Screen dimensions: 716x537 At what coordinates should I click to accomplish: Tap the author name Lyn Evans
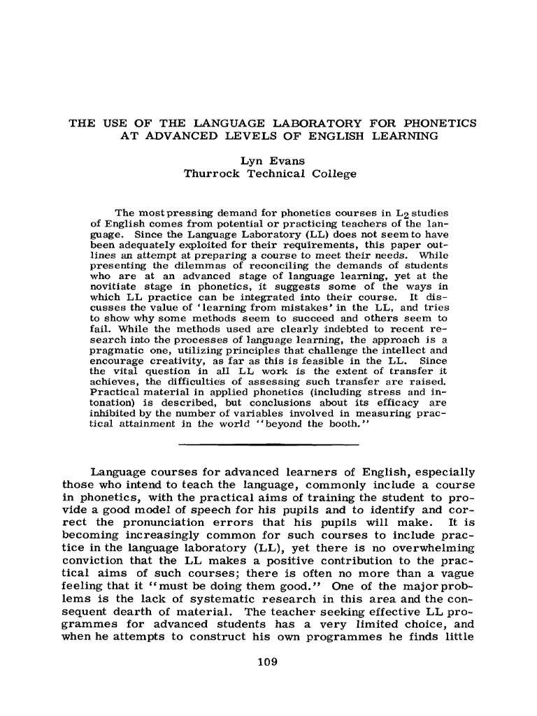pyautogui.click(x=269, y=160)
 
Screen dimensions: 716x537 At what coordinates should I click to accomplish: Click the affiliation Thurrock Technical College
pyautogui.click(x=269, y=173)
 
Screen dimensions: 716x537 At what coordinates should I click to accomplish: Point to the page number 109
pyautogui.click(x=268, y=662)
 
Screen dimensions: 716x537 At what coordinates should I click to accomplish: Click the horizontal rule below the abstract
pyautogui.click(x=268, y=445)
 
